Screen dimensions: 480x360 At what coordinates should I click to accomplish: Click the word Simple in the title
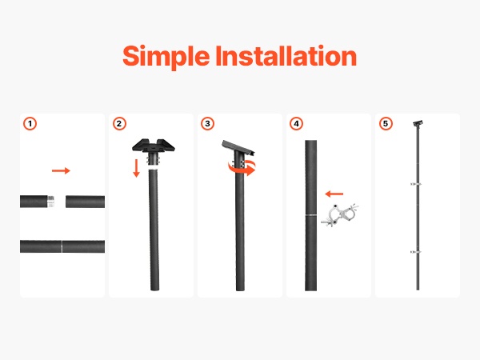[166, 57]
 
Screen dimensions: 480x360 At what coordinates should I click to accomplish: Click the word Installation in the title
[286, 56]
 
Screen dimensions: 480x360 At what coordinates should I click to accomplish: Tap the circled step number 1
[30, 124]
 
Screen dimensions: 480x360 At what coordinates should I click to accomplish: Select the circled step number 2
[119, 124]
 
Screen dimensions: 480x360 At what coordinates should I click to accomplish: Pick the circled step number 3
[207, 124]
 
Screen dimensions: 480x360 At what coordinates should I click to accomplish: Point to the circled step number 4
[296, 124]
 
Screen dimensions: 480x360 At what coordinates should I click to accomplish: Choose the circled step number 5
[386, 124]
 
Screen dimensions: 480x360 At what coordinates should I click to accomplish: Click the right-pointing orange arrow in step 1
[61, 170]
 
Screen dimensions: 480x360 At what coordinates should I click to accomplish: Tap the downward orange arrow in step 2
[137, 168]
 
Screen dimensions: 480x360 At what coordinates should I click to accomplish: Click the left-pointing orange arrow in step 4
[334, 194]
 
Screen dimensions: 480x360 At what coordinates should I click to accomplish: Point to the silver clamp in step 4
[341, 215]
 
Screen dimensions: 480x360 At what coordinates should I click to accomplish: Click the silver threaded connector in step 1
[51, 202]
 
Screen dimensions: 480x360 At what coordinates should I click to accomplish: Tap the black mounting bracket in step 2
[154, 146]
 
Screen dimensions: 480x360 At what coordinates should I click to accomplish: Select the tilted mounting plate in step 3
[238, 148]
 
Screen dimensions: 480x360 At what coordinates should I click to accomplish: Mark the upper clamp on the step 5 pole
[416, 184]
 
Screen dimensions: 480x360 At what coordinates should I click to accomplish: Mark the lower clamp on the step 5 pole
[416, 252]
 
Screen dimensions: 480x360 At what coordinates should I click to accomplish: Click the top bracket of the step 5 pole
[418, 123]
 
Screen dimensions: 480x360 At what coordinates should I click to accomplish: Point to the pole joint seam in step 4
[310, 215]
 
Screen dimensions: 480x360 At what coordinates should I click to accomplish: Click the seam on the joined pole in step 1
[62, 246]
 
